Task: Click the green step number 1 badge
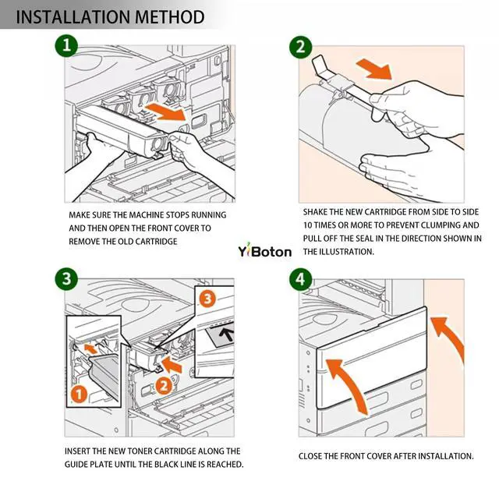(x=68, y=47)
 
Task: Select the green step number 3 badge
(x=68, y=278)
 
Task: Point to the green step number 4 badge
(x=300, y=278)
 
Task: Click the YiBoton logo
(x=264, y=251)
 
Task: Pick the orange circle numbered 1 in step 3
(x=78, y=395)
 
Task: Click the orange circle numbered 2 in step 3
(x=163, y=384)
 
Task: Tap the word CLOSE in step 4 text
(x=312, y=456)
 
